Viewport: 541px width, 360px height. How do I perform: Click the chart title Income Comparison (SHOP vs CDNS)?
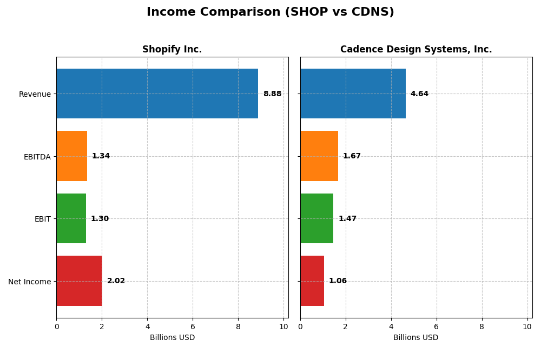click(x=270, y=12)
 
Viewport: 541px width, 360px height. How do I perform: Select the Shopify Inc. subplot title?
click(x=172, y=50)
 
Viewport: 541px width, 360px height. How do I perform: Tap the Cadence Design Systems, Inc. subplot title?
click(x=416, y=50)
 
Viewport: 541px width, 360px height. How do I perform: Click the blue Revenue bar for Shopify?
click(x=157, y=94)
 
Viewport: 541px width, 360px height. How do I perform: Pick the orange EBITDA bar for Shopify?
click(x=71, y=156)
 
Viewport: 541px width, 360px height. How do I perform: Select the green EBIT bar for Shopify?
click(x=71, y=218)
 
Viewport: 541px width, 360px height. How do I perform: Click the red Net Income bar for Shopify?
click(x=79, y=281)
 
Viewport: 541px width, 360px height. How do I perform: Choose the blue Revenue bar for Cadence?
click(x=353, y=94)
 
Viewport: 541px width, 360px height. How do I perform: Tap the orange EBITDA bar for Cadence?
click(x=319, y=156)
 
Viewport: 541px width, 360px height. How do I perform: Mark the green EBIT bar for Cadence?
click(x=316, y=218)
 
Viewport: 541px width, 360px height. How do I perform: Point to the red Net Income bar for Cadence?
click(x=312, y=281)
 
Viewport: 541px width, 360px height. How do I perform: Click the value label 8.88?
click(x=272, y=94)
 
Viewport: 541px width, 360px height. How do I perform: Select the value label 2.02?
click(x=116, y=281)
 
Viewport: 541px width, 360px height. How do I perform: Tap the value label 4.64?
click(x=419, y=94)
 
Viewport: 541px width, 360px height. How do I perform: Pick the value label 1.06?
click(x=338, y=281)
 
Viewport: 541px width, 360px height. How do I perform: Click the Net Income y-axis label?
click(x=29, y=282)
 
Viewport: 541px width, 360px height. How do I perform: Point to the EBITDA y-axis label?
click(x=37, y=157)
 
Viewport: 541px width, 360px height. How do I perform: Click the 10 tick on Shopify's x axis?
click(x=283, y=326)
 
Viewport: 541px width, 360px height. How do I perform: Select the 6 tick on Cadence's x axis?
click(x=437, y=326)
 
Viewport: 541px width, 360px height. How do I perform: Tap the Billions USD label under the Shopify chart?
click(x=172, y=338)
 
